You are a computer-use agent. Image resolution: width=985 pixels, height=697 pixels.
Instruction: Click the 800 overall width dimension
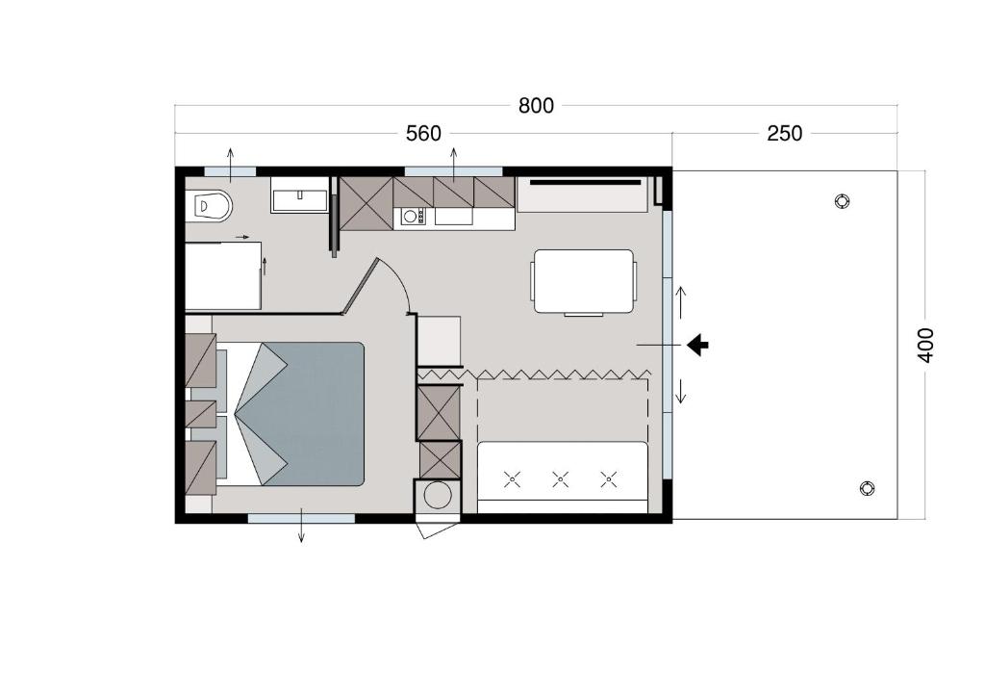tap(536, 106)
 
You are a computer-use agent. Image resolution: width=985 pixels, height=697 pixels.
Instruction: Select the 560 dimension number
tap(423, 133)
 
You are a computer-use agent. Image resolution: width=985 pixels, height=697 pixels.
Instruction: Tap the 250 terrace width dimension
tap(785, 133)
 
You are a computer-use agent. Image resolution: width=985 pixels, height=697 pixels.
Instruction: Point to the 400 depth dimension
tap(925, 345)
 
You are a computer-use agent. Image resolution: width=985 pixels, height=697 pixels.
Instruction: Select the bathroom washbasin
tap(300, 194)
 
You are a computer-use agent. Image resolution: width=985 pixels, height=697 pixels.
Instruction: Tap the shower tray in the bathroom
tap(223, 275)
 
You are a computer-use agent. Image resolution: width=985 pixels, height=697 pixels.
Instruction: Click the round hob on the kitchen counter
tap(410, 217)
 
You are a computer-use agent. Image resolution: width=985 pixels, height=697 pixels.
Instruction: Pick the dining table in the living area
tap(584, 281)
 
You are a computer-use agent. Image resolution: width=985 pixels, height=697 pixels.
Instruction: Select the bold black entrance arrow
tap(697, 345)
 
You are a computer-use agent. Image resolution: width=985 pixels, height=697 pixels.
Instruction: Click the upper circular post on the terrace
tap(842, 201)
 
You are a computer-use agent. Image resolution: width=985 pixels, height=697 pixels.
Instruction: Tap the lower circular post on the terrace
tap(867, 488)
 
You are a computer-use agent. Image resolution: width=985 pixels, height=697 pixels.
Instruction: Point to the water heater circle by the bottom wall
tap(438, 495)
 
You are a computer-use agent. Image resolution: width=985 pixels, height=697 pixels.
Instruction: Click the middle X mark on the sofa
tap(561, 479)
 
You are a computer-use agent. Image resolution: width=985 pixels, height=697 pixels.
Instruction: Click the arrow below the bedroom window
tap(301, 526)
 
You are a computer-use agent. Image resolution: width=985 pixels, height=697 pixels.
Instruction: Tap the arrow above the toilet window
tap(231, 165)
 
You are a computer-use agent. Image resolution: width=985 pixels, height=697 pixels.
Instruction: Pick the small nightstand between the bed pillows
tap(201, 414)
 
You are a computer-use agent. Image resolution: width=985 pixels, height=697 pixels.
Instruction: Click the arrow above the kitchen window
tap(454, 165)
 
